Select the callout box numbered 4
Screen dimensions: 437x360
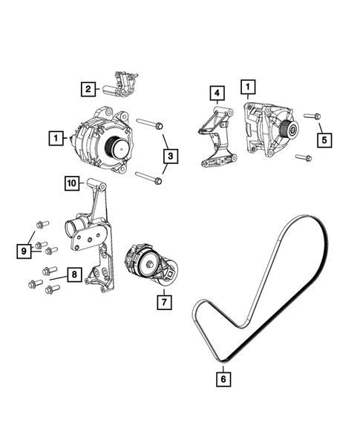click(x=216, y=93)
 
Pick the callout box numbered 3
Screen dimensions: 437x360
click(x=170, y=156)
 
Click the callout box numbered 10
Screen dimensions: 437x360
click(x=71, y=183)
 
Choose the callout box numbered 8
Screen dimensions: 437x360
click(x=74, y=275)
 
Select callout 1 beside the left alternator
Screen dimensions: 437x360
click(x=54, y=137)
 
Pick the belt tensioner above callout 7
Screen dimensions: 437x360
click(x=152, y=264)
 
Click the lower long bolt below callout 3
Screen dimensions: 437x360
click(x=148, y=178)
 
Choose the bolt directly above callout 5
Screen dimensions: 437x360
click(x=312, y=116)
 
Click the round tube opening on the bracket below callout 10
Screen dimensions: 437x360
click(x=76, y=225)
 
